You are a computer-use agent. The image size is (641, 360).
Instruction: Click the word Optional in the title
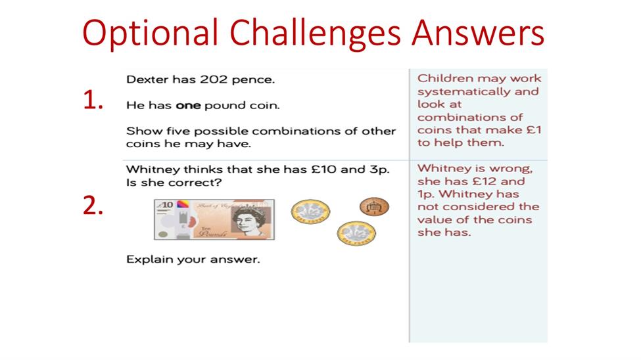150,33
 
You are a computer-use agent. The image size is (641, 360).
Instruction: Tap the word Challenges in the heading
315,33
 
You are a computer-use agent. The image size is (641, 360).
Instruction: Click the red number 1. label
93,100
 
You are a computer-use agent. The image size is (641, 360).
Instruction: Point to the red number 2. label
93,206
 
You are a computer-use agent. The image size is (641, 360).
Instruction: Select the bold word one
188,105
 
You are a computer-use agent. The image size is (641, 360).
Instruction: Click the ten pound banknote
214,219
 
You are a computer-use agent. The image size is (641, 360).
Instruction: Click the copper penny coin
374,206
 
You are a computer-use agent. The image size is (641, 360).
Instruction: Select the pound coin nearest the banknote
311,212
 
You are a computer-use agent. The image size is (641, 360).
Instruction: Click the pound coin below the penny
356,233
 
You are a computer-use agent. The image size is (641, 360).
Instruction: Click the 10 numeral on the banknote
166,205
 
